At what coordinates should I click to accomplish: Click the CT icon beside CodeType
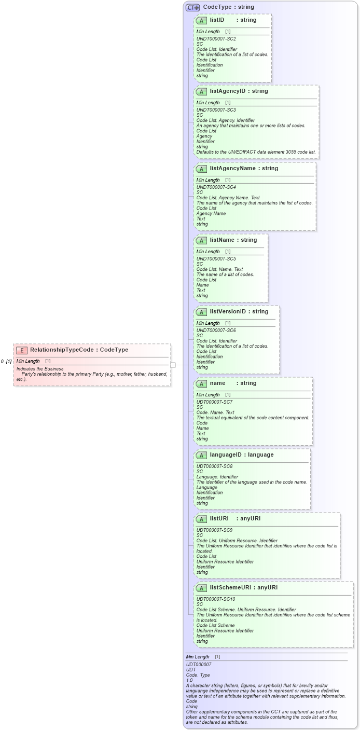(x=192, y=7)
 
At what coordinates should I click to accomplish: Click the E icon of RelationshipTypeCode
(x=22, y=350)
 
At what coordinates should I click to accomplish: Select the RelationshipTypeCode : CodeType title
(x=79, y=350)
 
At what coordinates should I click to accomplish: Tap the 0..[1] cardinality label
(x=6, y=361)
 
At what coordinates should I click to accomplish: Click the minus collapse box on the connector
(x=173, y=365)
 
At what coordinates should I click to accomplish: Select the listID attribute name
(x=217, y=20)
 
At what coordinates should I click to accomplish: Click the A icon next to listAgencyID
(x=201, y=91)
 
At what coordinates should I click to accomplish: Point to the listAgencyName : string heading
(x=244, y=169)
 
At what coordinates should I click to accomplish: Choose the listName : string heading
(x=233, y=240)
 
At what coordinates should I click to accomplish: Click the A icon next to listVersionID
(x=201, y=312)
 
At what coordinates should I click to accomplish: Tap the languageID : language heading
(x=241, y=455)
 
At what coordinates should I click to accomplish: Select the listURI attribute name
(x=219, y=519)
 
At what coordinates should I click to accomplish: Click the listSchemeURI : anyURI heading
(x=247, y=588)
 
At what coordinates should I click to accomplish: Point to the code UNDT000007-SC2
(x=216, y=39)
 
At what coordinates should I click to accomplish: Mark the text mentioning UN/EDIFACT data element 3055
(x=256, y=152)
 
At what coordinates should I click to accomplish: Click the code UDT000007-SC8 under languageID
(x=214, y=466)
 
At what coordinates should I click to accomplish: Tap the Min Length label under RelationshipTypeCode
(x=28, y=361)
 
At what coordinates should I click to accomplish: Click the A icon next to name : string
(x=201, y=383)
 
